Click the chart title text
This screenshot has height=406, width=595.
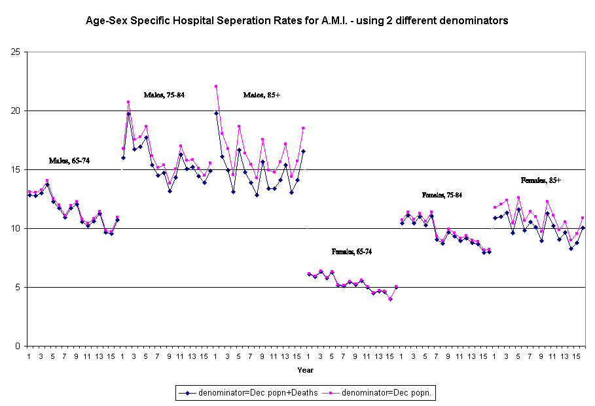(x=297, y=21)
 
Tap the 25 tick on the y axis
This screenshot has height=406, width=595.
(x=15, y=52)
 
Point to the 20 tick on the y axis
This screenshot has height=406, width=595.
(x=15, y=110)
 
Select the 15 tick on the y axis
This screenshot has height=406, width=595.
(x=15, y=169)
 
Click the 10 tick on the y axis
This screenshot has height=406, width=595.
(x=15, y=228)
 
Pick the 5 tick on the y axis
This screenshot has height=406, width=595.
(x=18, y=287)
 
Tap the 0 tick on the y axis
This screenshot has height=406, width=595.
(x=18, y=346)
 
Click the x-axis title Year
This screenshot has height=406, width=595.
(x=306, y=369)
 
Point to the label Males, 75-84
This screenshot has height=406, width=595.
(x=164, y=95)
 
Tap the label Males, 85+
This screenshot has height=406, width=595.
(x=262, y=95)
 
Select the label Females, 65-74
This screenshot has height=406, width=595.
(x=353, y=252)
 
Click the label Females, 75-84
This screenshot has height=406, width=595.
(x=442, y=195)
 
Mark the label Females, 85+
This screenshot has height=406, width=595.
(x=541, y=180)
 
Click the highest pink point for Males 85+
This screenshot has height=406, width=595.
(x=216, y=86)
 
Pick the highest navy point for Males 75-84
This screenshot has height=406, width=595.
(x=129, y=114)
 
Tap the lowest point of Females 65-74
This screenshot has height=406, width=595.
(x=390, y=299)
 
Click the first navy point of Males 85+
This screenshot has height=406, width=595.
(x=216, y=113)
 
